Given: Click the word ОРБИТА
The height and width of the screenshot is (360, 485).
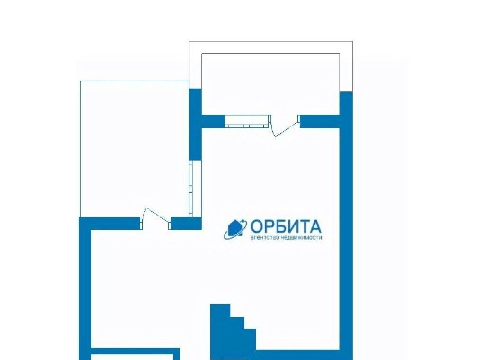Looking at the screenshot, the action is [286, 226].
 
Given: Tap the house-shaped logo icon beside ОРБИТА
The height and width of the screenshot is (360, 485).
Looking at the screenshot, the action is [235, 229].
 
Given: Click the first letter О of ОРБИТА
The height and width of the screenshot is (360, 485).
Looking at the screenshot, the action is [256, 226].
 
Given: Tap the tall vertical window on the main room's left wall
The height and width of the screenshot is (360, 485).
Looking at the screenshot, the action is [195, 189].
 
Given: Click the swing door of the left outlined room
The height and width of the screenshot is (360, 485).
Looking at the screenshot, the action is [155, 219].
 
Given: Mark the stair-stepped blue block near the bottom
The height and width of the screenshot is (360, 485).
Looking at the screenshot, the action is [233, 332].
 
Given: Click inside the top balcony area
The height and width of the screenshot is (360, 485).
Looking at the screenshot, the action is [270, 83].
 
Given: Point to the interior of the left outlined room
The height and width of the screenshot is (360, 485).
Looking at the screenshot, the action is [135, 148].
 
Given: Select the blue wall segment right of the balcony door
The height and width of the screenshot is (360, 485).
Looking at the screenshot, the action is [320, 121].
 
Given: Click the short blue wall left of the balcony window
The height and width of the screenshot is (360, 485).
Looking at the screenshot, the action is [213, 121].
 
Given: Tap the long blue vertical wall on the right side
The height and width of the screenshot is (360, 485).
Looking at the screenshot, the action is [346, 226].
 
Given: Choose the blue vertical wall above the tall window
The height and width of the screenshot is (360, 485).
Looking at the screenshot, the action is [195, 124].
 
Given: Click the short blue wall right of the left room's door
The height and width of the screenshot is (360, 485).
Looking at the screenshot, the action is [186, 223].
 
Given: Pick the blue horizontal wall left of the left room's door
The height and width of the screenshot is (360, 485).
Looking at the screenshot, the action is [110, 223].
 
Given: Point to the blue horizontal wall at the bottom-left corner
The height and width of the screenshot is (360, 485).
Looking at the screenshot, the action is [135, 354].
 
